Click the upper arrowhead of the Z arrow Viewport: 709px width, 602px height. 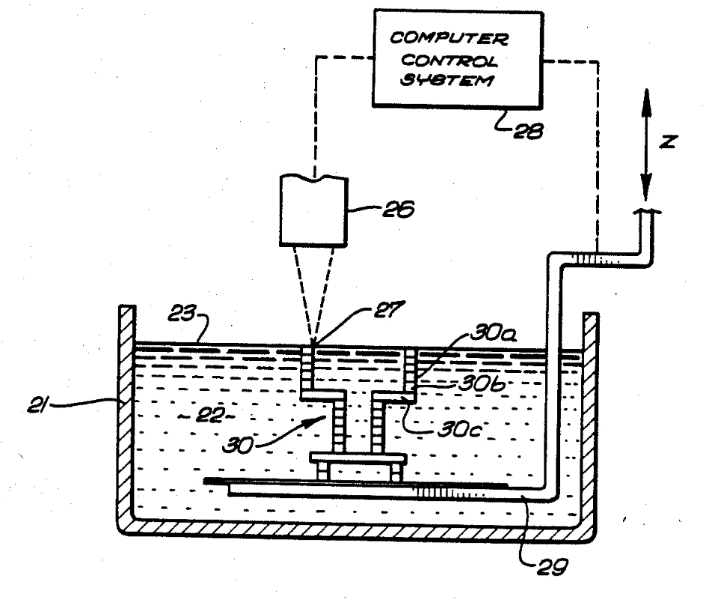pyautogui.click(x=647, y=100)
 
